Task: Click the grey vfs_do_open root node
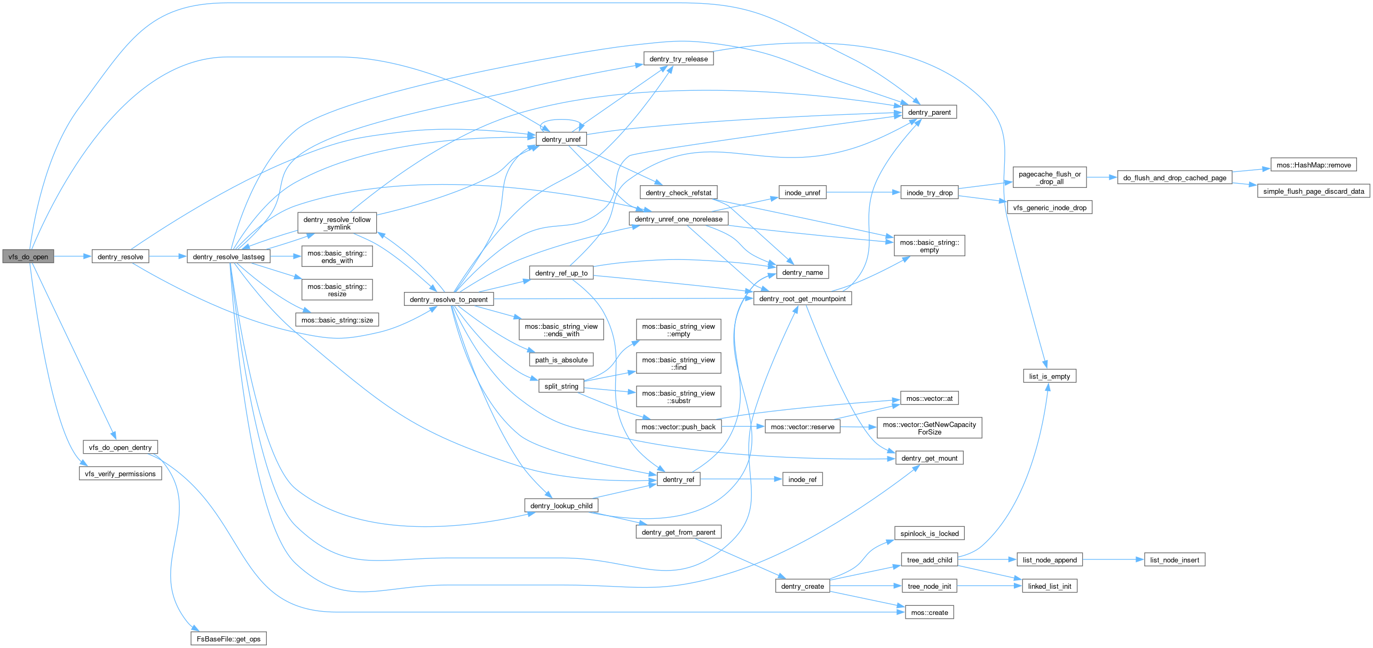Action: coord(28,257)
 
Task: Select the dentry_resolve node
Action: coord(120,257)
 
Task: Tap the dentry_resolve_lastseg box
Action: coord(228,257)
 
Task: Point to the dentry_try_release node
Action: coord(678,59)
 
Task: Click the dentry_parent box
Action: coord(929,112)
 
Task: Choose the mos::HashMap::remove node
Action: coord(1313,165)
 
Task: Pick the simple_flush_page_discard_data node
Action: coord(1313,191)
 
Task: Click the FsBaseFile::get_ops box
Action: coord(228,638)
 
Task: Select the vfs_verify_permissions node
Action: coord(120,473)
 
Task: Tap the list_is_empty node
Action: coord(1049,376)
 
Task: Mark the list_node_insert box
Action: coord(1174,560)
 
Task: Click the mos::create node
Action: coord(929,612)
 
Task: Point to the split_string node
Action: coord(561,386)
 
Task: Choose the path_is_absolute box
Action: coord(561,360)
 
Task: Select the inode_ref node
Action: coord(802,479)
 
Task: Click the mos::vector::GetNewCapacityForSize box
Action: coord(929,428)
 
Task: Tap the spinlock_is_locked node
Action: coord(929,533)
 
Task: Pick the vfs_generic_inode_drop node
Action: coord(1049,208)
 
